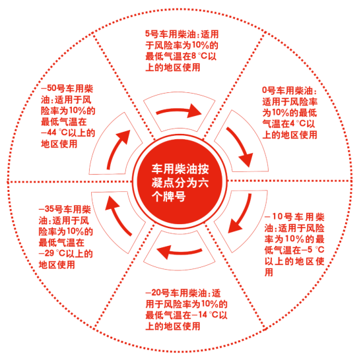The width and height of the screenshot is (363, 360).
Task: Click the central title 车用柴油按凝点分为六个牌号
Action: tap(180, 183)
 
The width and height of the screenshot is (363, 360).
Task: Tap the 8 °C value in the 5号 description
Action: tap(199, 56)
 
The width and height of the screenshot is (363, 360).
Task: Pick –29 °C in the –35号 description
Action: tap(52, 253)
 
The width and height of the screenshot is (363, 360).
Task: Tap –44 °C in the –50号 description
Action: tap(54, 133)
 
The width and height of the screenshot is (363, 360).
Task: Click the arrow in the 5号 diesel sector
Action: tap(179, 111)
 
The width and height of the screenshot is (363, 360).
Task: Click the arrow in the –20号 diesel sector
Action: tap(179, 252)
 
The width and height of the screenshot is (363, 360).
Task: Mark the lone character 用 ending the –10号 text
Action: tap(269, 272)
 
